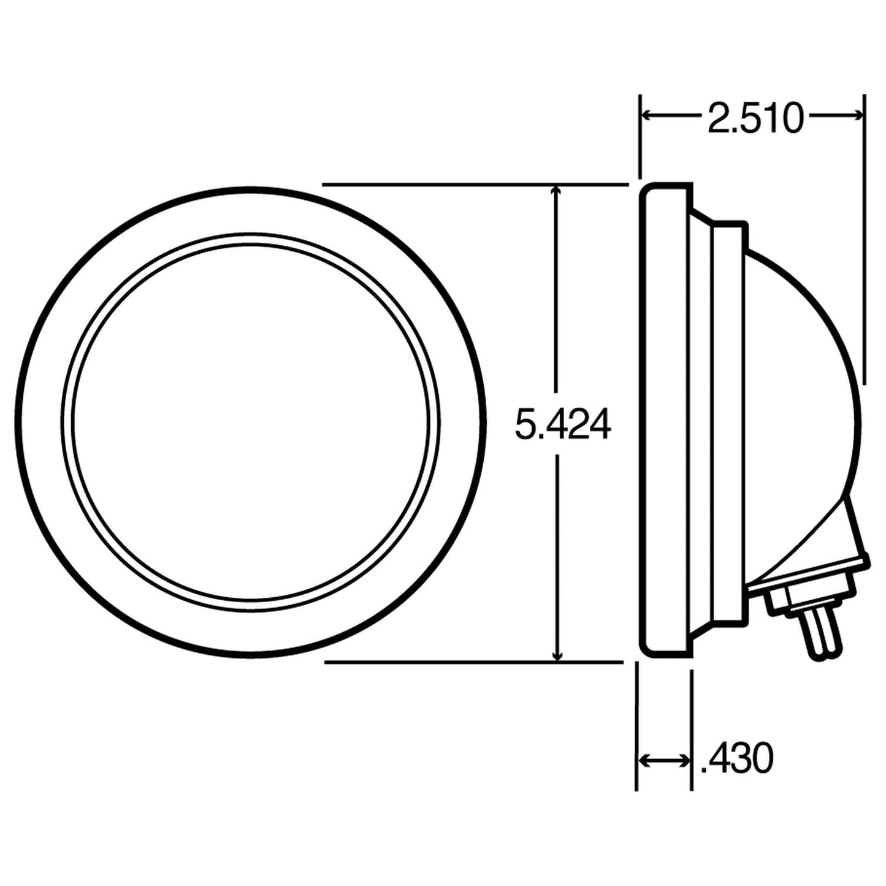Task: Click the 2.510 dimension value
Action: point(754,119)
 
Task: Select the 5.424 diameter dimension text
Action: point(562,424)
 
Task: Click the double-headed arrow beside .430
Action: point(665,761)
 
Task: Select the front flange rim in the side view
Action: point(665,423)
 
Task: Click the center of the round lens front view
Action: point(251,422)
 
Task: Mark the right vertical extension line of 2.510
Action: point(865,245)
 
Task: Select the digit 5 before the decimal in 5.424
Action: point(525,424)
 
